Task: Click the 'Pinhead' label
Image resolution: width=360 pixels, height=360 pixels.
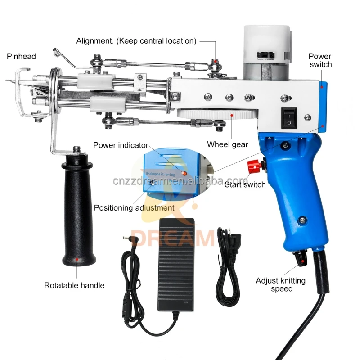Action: [x=21, y=56]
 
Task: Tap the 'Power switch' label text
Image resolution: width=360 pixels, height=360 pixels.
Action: [x=320, y=60]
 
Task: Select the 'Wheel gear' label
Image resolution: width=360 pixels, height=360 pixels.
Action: [x=227, y=144]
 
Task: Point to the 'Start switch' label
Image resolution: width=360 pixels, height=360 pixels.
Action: [x=246, y=184]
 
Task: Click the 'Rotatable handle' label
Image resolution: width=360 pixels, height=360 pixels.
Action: [x=74, y=285]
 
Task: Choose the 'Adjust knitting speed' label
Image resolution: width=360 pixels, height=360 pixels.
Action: [x=281, y=284]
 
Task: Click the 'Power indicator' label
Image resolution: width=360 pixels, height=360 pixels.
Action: [x=121, y=145]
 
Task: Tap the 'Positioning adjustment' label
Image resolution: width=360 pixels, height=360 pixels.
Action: [x=134, y=208]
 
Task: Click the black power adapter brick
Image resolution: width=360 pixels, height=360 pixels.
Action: [x=176, y=265]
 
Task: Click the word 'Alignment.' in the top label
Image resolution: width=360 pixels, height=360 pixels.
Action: [x=95, y=41]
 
